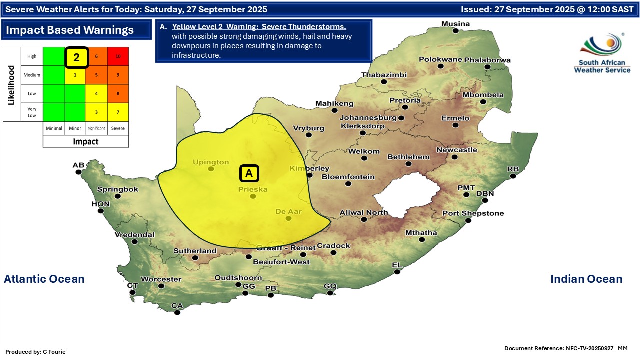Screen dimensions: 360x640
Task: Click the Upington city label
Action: [211, 162]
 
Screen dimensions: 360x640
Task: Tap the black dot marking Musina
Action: [455, 31]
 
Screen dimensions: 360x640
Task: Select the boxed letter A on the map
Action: [249, 173]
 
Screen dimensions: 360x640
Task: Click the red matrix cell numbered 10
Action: [118, 56]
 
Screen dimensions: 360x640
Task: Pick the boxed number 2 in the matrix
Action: [76, 57]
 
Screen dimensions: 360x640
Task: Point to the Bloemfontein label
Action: [348, 177]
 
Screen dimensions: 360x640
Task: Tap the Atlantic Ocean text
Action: [44, 279]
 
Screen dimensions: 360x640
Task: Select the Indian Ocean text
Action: [586, 279]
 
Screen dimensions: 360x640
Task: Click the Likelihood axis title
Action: [11, 84]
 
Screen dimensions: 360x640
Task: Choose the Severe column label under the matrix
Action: [118, 128]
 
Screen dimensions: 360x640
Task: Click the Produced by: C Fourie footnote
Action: [35, 352]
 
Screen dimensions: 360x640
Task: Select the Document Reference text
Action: [565, 348]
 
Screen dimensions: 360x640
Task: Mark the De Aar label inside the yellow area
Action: [288, 211]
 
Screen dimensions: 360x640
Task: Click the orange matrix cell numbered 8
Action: [118, 93]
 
